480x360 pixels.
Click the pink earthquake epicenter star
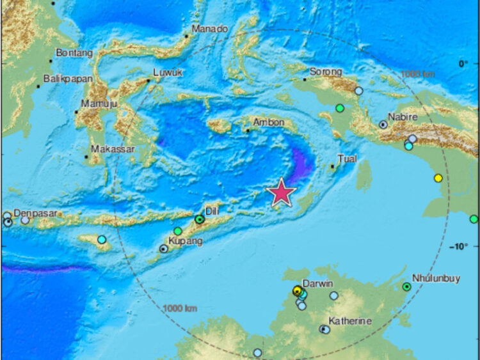pos(281,194)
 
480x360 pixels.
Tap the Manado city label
pos(211,29)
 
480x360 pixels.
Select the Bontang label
pos(74,53)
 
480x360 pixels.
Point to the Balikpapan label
pos(68,79)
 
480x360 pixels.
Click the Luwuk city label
pos(168,73)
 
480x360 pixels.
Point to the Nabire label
pos(403,117)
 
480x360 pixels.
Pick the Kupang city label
pos(185,241)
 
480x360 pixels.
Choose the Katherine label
pos(350,321)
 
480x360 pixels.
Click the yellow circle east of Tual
pos(438,178)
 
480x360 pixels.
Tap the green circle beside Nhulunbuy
pos(406,286)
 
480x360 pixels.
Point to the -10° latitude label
pos(462,247)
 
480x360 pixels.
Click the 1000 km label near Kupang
pos(181,308)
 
